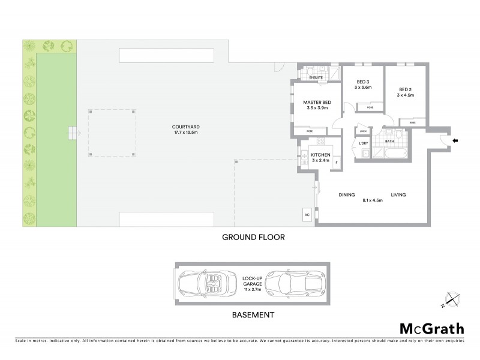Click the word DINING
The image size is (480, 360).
(x=347, y=194)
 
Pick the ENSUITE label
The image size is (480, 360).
(x=316, y=77)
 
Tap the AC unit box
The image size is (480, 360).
(x=307, y=214)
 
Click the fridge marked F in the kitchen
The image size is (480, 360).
(x=336, y=163)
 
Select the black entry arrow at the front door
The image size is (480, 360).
(x=454, y=141)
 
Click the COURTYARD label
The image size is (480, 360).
(x=182, y=127)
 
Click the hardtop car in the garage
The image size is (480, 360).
(x=291, y=283)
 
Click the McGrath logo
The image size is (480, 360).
(x=431, y=328)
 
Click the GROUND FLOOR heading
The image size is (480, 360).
(x=253, y=237)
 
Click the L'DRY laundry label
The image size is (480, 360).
(x=363, y=143)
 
